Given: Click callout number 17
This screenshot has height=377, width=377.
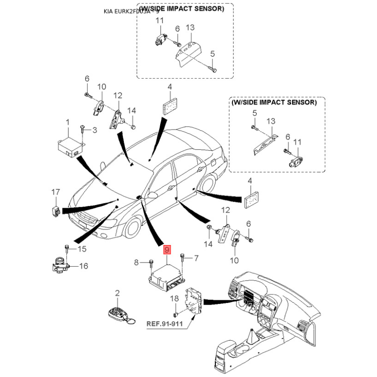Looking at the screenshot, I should coord(56,192).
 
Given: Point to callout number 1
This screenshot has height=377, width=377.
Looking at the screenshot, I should coord(67,122).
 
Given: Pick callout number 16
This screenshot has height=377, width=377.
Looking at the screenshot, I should coord(83,266).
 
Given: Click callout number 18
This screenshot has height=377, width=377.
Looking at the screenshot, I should coord(174,299).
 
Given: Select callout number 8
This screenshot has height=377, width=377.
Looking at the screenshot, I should coord(136,262).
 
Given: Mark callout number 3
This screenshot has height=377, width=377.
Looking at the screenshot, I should coord(94,130).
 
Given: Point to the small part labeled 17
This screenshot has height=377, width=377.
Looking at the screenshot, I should coord(55,209).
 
